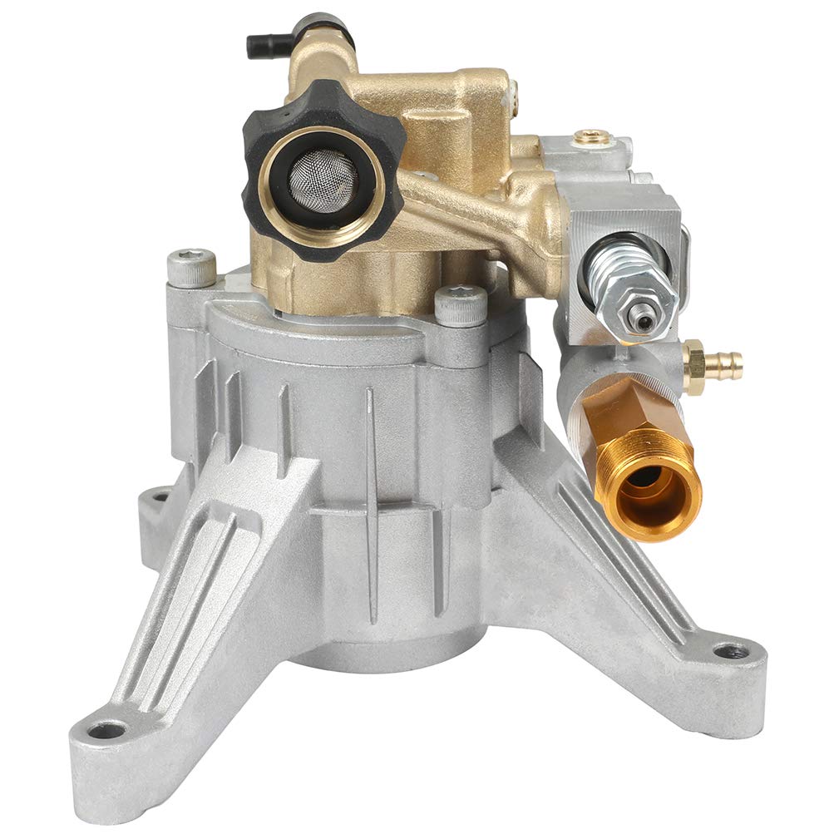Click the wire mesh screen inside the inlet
[326, 176]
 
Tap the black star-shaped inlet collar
[264, 141]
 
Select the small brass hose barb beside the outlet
[716, 363]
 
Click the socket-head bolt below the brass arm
[460, 304]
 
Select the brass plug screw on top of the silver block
[594, 134]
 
